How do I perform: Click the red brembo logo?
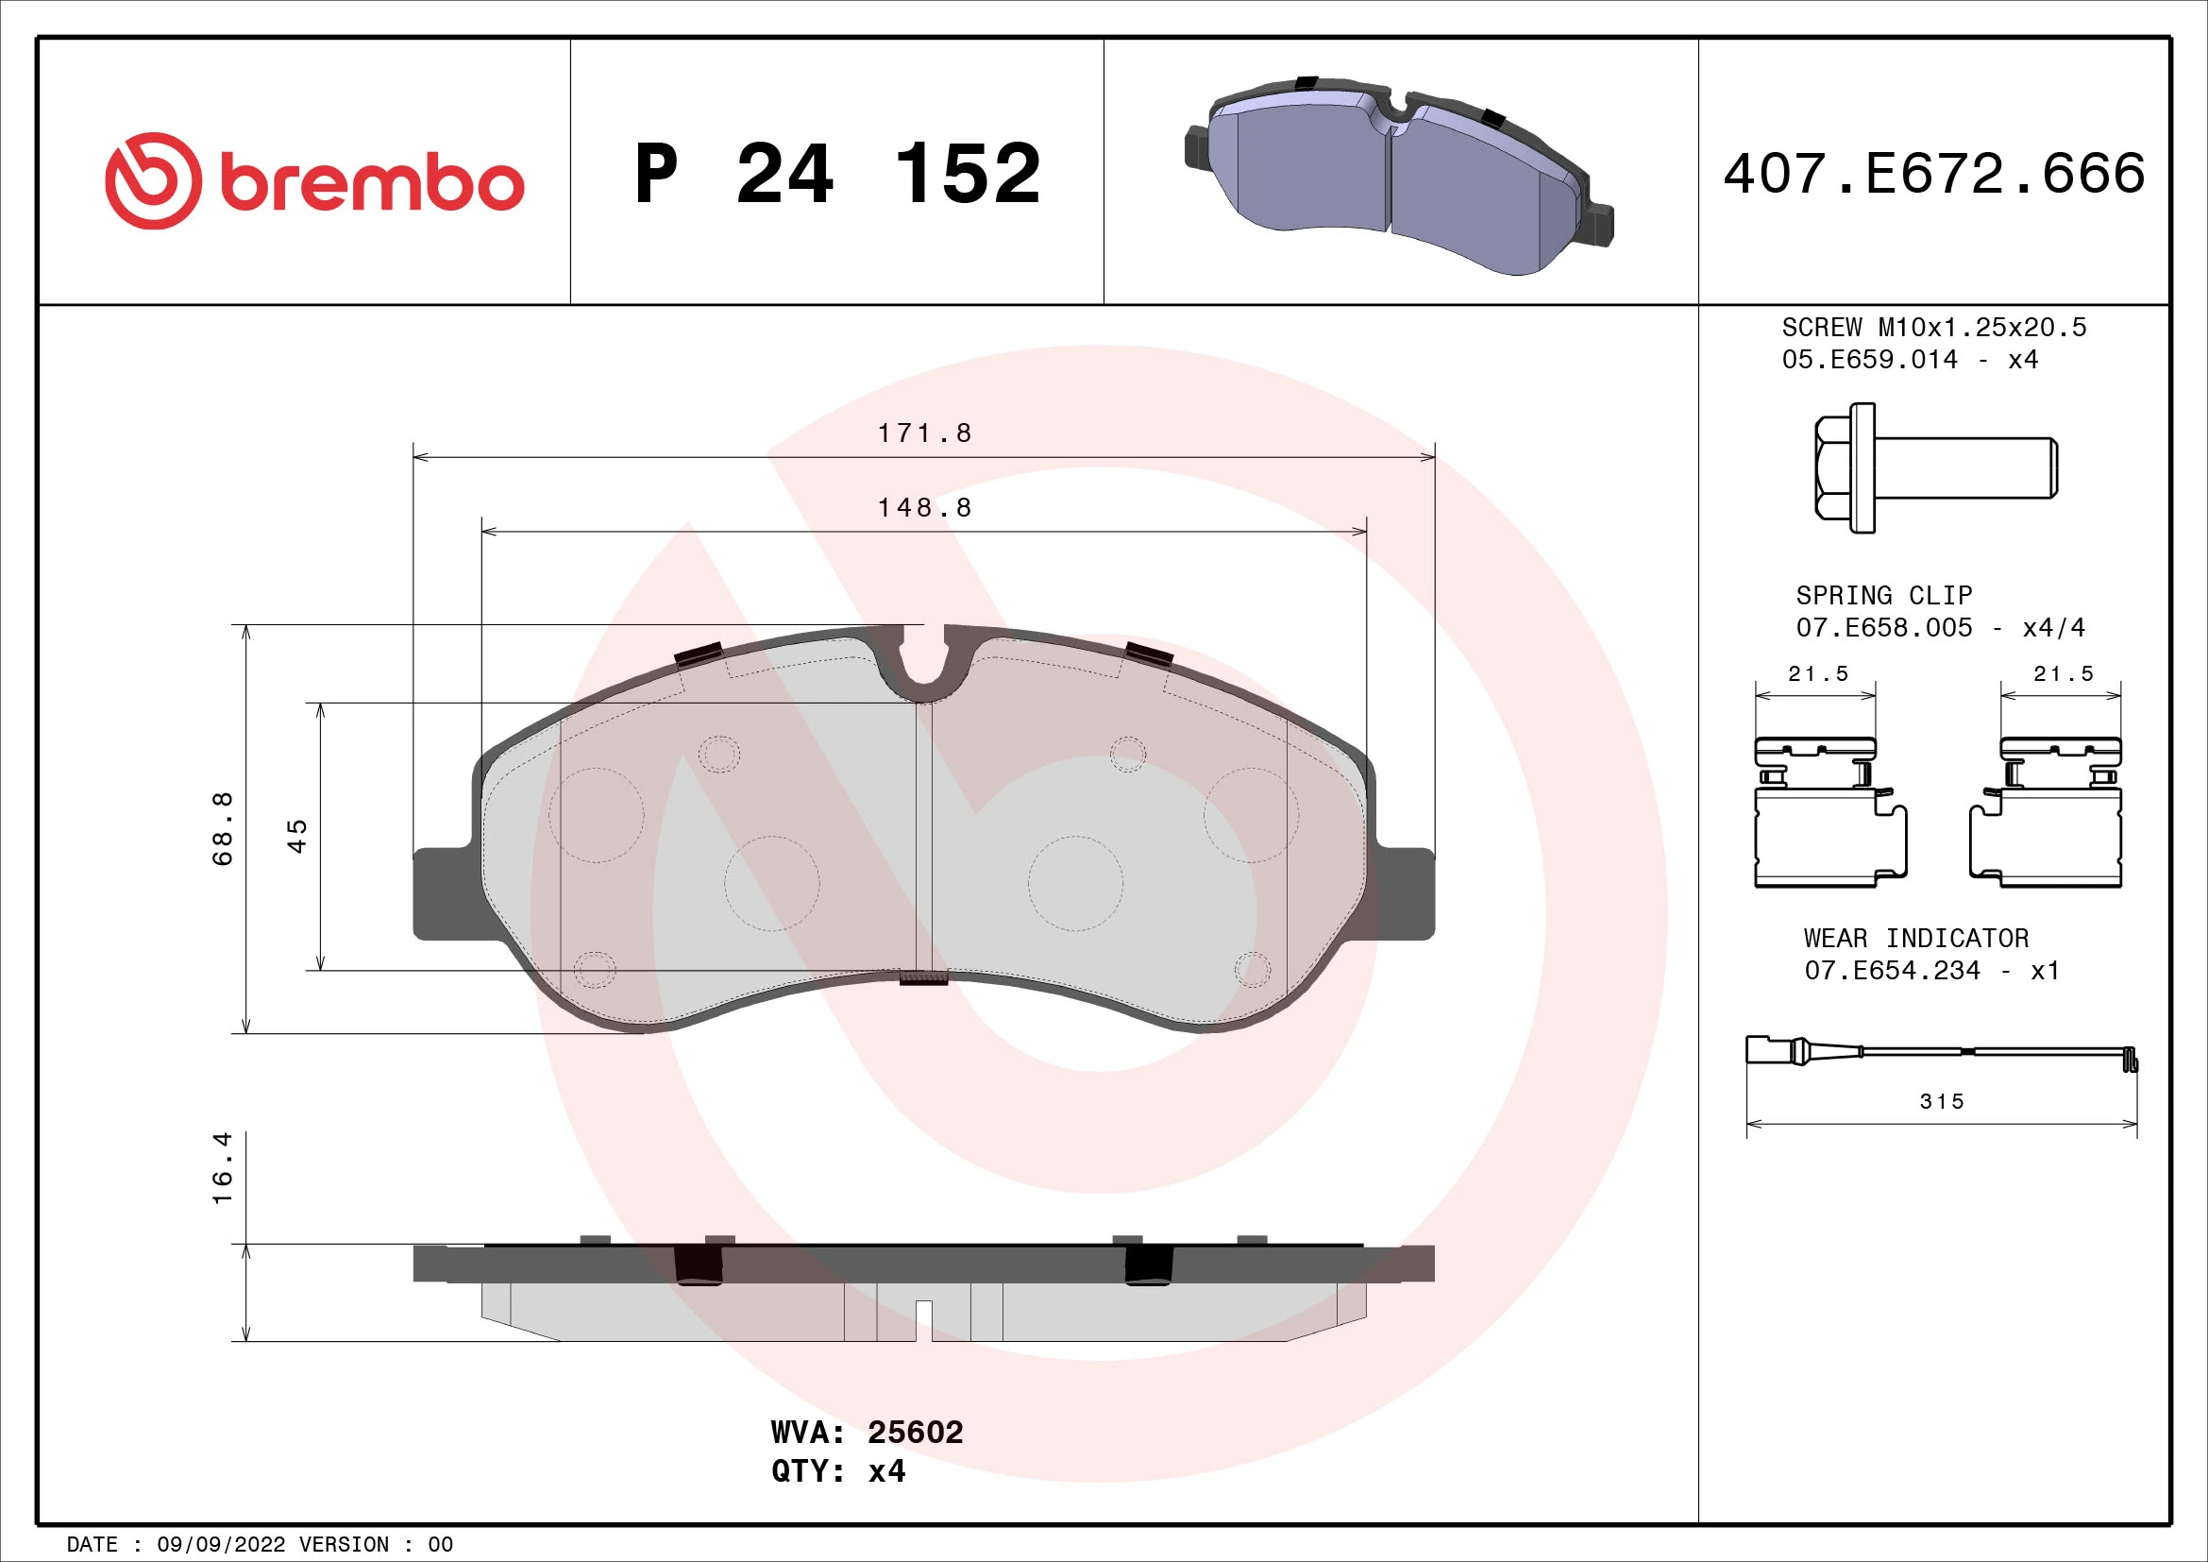tap(314, 180)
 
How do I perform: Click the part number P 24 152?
tap(837, 174)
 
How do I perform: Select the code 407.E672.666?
tap(1934, 173)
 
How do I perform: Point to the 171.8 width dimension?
tap(924, 433)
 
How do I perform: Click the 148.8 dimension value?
tap(924, 507)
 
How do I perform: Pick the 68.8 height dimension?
tap(222, 828)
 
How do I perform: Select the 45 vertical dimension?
tap(297, 835)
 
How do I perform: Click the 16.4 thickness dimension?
tap(222, 1167)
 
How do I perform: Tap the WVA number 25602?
tap(915, 1433)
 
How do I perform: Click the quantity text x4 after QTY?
tap(885, 1471)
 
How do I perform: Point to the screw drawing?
tap(1935, 468)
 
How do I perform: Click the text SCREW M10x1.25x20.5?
tap(1934, 328)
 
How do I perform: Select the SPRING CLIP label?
tap(1883, 595)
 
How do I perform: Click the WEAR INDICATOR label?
tap(1915, 938)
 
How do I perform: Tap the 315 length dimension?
tap(1942, 1101)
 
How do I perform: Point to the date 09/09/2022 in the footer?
tap(220, 1545)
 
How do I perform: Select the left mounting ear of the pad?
tap(443, 894)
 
